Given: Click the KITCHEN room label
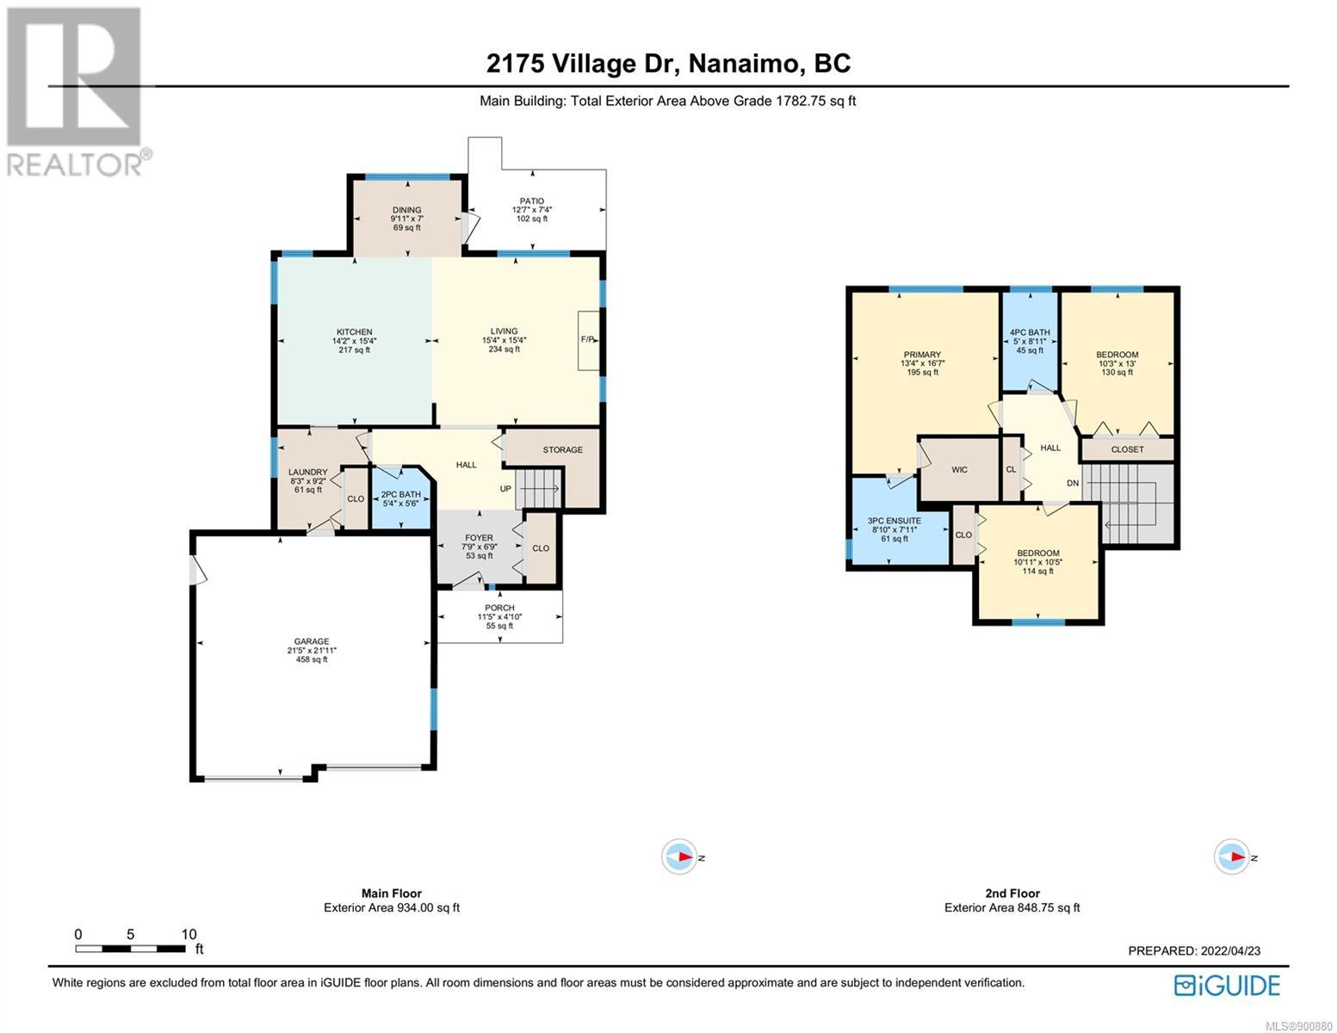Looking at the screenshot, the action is (354, 331).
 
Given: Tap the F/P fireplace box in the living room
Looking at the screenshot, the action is (588, 340).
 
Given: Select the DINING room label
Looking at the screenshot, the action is (406, 210).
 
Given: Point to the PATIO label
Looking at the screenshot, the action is (531, 201).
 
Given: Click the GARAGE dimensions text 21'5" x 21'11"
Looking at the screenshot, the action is (312, 650).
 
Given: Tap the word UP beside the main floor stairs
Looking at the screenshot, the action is (505, 488).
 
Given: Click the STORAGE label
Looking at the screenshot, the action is (562, 449).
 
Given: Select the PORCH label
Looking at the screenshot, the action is (499, 608).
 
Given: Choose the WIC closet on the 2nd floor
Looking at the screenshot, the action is (958, 469).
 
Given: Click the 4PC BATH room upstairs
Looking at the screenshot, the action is (1030, 342).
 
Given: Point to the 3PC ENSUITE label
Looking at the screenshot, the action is (894, 521).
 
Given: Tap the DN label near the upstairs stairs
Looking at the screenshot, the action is (1073, 483).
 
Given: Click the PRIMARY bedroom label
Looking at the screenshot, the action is (922, 355).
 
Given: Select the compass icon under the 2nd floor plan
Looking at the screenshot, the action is (1232, 857).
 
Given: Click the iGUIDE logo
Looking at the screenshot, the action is (1227, 986).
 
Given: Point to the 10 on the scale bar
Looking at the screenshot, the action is (189, 934).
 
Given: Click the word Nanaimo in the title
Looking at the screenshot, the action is (746, 64).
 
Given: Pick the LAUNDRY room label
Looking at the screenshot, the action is (307, 472).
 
